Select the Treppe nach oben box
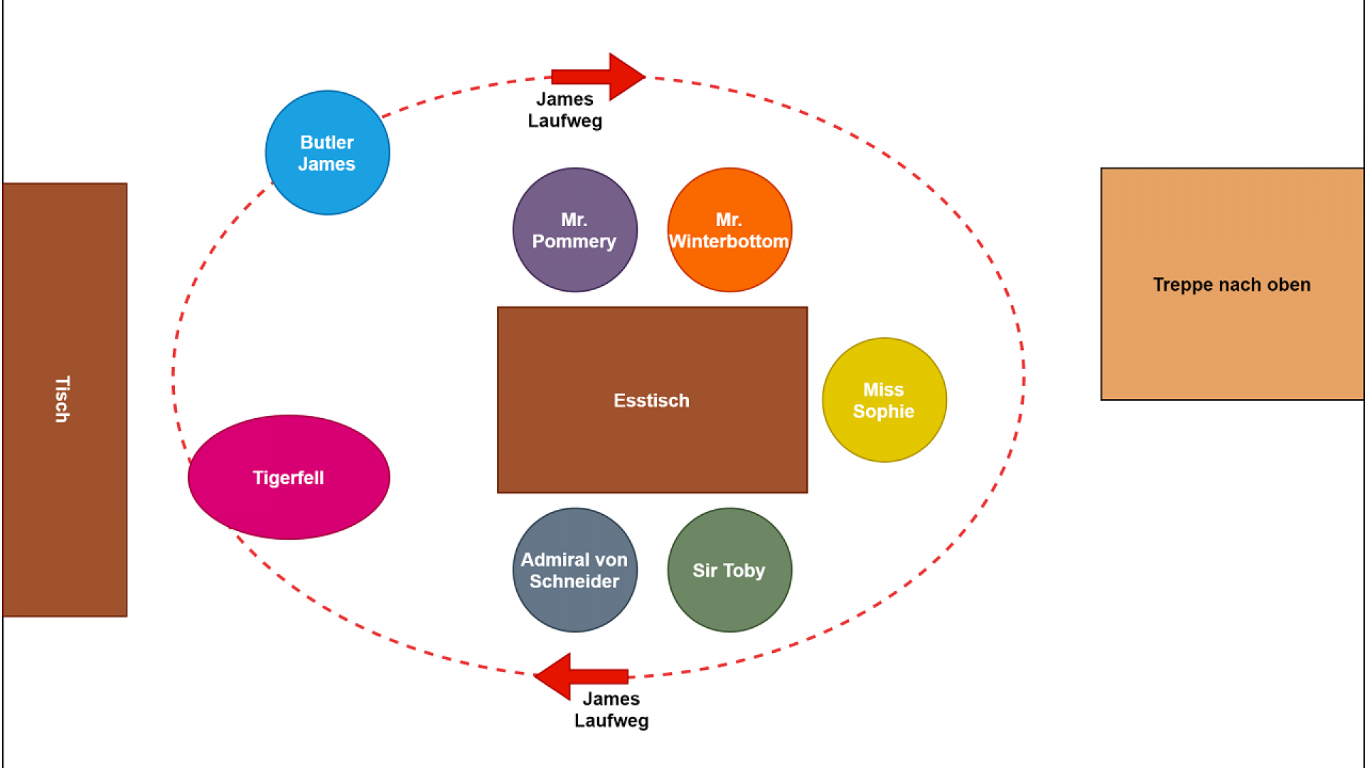1231,341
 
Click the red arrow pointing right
601,76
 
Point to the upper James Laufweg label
564,110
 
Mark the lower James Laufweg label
611,710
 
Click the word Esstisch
651,400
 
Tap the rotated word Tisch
63,400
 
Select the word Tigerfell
289,478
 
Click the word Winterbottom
729,242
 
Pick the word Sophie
884,412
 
